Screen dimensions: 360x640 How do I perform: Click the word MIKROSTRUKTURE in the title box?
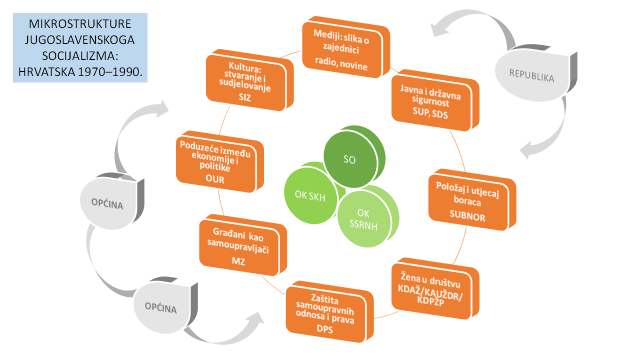(x=80, y=24)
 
